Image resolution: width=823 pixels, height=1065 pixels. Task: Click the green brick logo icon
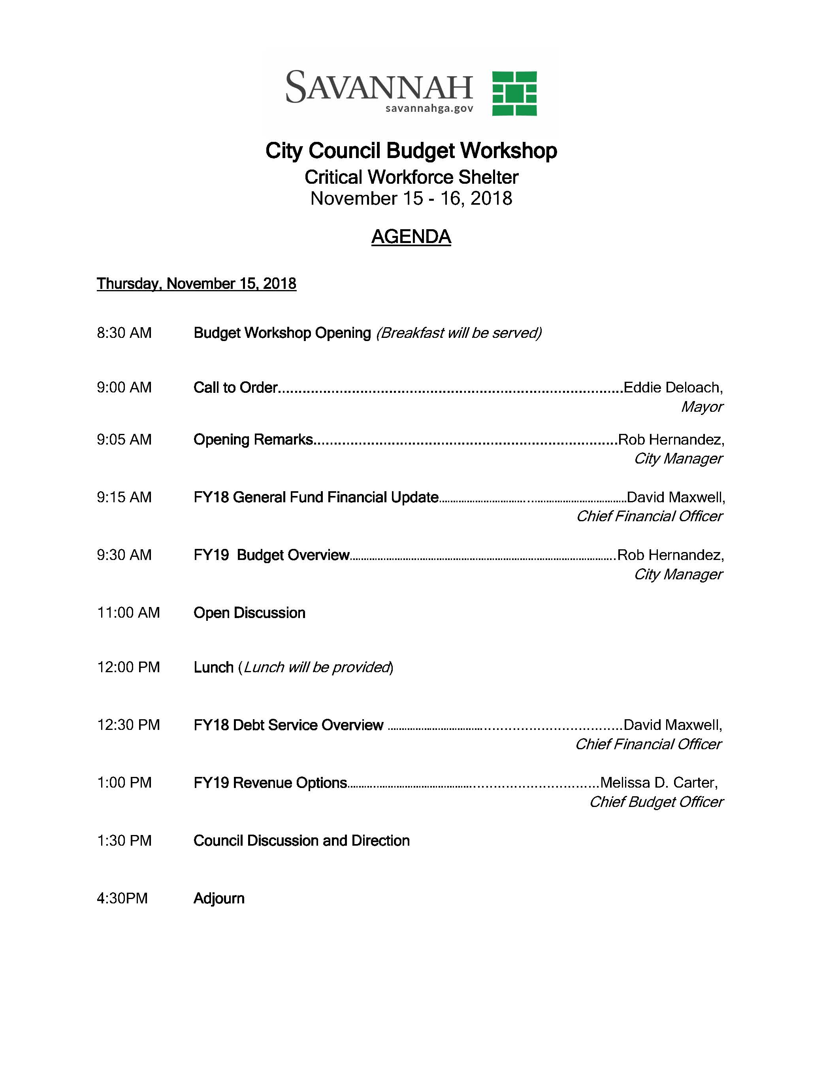pos(514,93)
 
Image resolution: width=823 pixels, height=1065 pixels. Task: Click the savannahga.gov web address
pos(429,108)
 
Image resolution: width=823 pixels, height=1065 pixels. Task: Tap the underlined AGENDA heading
pos(411,237)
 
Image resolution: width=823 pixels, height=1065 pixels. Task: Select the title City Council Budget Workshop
pos(411,151)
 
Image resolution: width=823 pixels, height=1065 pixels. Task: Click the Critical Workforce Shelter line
pos(411,177)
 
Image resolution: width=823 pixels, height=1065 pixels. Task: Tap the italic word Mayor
pos(702,407)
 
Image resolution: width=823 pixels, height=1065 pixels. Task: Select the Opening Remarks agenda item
pos(253,439)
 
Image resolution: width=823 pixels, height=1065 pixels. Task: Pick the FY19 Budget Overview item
pos(271,555)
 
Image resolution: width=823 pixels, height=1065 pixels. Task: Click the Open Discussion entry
pos(249,613)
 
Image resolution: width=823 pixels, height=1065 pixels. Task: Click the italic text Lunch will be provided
pos(317,667)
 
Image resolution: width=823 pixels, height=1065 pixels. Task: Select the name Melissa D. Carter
pos(658,783)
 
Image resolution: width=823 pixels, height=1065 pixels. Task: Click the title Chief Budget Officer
pos(656,802)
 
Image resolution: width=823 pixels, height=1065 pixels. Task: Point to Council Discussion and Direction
pos(301,841)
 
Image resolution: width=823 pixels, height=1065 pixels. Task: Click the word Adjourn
pos(219,898)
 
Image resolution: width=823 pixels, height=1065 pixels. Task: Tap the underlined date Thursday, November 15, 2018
pos(196,283)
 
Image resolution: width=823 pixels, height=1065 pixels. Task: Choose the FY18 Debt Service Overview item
pos(288,725)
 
